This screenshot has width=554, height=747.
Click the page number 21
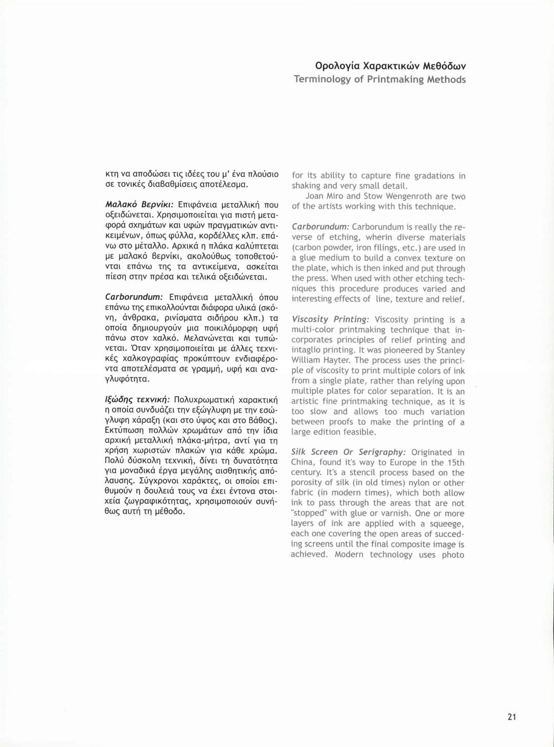point(511,717)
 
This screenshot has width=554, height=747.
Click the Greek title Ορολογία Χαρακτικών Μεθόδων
point(390,66)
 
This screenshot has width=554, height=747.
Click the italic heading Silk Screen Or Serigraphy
point(348,452)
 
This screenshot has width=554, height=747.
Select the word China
point(303,462)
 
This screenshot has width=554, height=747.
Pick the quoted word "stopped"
point(307,514)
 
